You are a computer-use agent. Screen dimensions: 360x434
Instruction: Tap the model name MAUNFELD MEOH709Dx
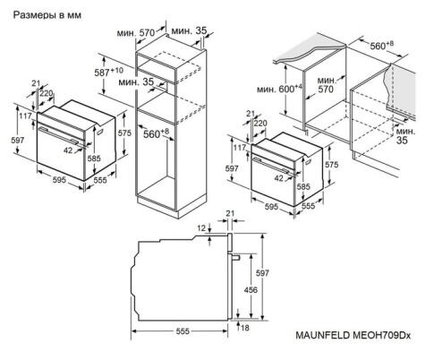click(352, 336)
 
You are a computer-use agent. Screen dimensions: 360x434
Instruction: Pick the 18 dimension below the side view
click(244, 329)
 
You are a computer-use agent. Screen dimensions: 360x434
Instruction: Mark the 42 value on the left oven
click(68, 150)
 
